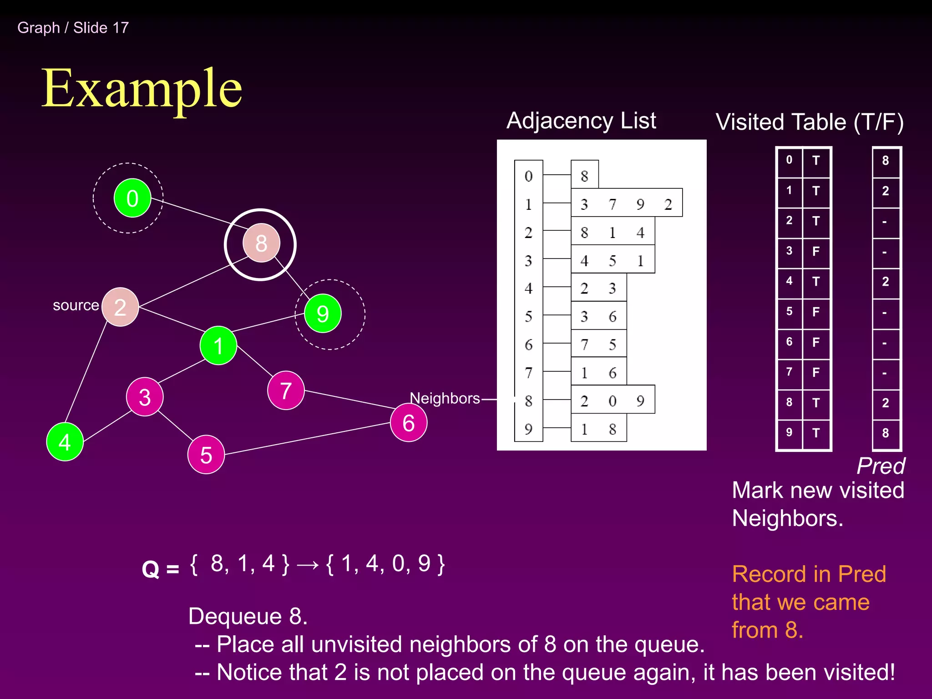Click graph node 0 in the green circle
click(x=132, y=198)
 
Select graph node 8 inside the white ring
click(x=261, y=243)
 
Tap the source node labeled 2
click(x=120, y=307)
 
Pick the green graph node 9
click(x=323, y=314)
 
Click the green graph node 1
click(x=218, y=346)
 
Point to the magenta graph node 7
click(x=286, y=390)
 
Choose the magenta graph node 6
click(x=409, y=423)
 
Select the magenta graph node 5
click(x=206, y=455)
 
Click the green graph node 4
click(x=65, y=442)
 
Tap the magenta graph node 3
click(x=145, y=397)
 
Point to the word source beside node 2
click(x=76, y=305)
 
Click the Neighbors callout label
click(x=445, y=398)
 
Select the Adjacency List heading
click(x=581, y=121)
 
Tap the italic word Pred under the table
click(x=881, y=466)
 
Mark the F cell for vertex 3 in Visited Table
click(x=816, y=251)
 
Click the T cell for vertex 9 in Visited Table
click(x=816, y=433)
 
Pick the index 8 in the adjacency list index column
click(x=528, y=401)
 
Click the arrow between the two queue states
click(x=308, y=565)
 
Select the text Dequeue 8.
click(x=248, y=616)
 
